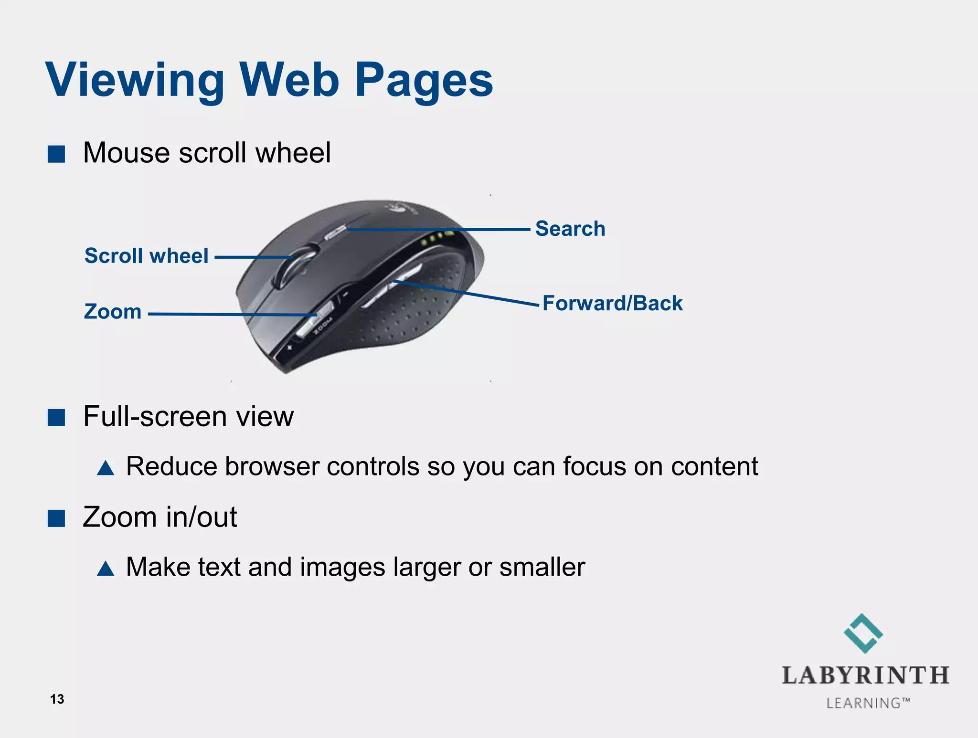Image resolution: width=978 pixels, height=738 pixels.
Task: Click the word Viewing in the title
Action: pyautogui.click(x=135, y=80)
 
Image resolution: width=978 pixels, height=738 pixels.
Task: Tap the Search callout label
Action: pyautogui.click(x=570, y=229)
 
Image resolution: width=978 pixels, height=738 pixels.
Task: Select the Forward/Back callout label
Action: pyautogui.click(x=613, y=304)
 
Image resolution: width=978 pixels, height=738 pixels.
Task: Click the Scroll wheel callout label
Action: pyautogui.click(x=146, y=256)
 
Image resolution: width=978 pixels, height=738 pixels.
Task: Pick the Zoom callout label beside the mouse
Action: pyautogui.click(x=113, y=312)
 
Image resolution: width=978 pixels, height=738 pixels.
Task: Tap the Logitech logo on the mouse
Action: pyautogui.click(x=396, y=208)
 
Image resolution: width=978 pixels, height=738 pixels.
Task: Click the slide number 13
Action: pyautogui.click(x=57, y=699)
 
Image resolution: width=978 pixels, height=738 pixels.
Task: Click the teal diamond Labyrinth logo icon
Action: pyautogui.click(x=863, y=633)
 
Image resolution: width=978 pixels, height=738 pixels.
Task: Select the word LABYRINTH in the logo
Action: pyautogui.click(x=865, y=675)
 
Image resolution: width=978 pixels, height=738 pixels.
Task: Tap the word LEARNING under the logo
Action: pyautogui.click(x=863, y=703)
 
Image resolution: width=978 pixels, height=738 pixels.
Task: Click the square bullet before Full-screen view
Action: pyautogui.click(x=56, y=417)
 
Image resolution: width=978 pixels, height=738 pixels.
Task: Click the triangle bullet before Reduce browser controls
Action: pyautogui.click(x=106, y=468)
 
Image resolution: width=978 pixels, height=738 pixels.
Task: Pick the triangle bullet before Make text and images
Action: pyautogui.click(x=106, y=569)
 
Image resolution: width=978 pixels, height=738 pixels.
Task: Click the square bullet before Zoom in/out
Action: pyautogui.click(x=56, y=518)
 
